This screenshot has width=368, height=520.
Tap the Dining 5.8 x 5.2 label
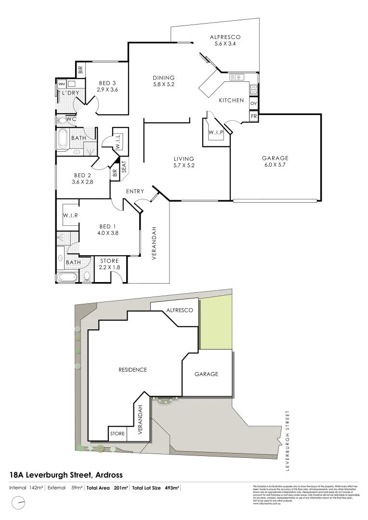(x=163, y=81)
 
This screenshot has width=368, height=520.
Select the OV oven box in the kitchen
(x=254, y=104)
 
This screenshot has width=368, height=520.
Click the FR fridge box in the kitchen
(x=254, y=117)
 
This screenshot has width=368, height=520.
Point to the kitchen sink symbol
(x=237, y=77)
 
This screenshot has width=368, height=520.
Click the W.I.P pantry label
(x=215, y=132)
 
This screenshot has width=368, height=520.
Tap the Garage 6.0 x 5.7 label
(x=275, y=162)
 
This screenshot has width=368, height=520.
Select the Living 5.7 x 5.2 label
(x=184, y=162)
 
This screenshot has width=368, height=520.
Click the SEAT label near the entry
(x=124, y=167)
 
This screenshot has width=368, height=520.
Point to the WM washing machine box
(x=62, y=84)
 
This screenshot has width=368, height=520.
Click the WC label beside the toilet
(x=71, y=119)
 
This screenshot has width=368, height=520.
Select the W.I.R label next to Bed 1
(x=70, y=216)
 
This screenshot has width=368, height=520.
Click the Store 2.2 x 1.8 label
(x=109, y=264)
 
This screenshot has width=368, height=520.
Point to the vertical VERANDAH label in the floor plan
(x=155, y=243)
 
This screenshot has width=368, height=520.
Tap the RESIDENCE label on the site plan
(x=132, y=370)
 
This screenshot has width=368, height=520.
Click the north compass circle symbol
(x=19, y=504)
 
